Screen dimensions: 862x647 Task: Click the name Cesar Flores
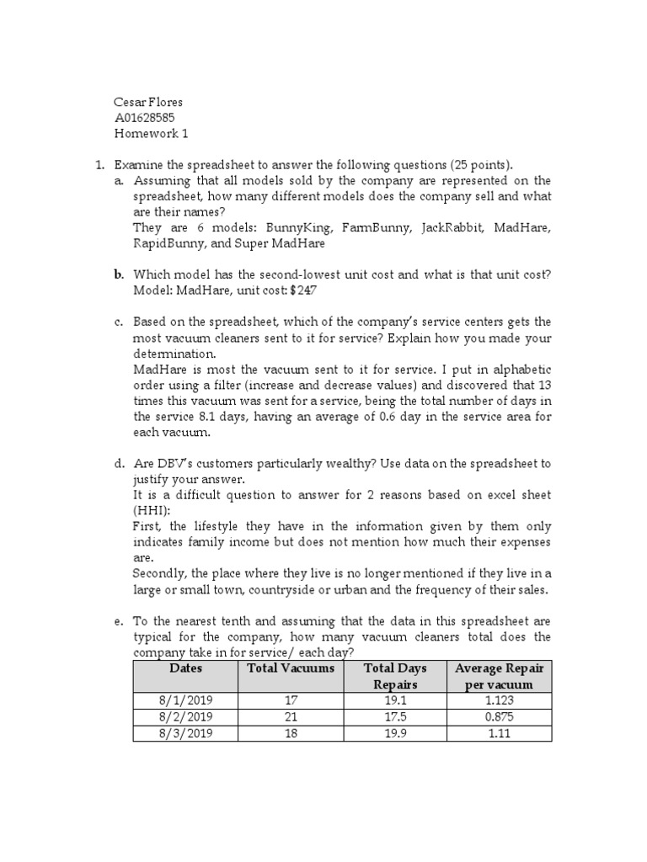(x=148, y=103)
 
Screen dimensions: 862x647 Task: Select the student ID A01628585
(x=145, y=118)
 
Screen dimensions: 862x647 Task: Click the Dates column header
(x=185, y=668)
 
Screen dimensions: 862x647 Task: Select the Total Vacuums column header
(x=291, y=668)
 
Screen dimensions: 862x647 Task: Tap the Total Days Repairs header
(x=395, y=676)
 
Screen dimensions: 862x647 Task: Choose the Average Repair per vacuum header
(x=499, y=676)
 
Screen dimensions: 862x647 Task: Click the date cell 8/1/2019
(x=185, y=700)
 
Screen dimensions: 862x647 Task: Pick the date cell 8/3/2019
(x=185, y=733)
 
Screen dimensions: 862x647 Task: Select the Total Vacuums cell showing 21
(x=291, y=717)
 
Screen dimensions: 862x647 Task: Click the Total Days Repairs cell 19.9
(x=395, y=733)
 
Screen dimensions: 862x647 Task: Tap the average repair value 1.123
(x=499, y=700)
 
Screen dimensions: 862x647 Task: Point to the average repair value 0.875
(x=499, y=717)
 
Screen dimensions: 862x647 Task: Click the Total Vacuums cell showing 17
(x=291, y=700)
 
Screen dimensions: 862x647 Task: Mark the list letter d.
(x=119, y=464)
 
